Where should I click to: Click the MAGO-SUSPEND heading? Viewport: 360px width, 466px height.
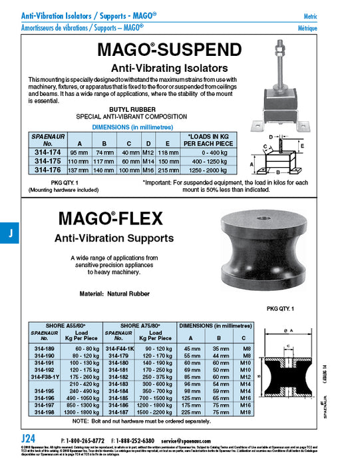169,51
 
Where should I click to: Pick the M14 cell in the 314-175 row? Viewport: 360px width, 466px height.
148,161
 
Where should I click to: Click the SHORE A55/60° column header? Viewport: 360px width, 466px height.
66,326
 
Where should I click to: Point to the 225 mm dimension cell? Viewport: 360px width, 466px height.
192,413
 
